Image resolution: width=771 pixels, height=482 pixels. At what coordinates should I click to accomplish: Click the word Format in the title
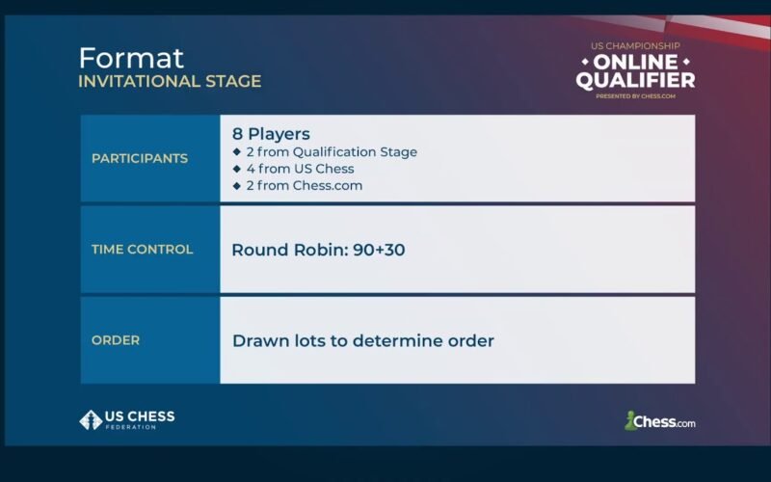131,58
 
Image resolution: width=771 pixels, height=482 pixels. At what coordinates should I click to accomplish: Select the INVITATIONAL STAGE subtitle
170,81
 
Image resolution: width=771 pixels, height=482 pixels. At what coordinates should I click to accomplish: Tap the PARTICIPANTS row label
140,158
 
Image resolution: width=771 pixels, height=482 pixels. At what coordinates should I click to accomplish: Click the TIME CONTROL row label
142,250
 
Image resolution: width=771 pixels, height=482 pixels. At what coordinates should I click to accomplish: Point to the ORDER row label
116,340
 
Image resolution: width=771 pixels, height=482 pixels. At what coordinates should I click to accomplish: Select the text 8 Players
271,134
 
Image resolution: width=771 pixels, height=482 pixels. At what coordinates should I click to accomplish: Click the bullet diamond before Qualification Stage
237,151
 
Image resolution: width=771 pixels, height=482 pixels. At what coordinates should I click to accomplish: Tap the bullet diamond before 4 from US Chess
237,169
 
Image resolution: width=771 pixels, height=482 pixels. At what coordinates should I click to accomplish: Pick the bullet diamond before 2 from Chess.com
237,185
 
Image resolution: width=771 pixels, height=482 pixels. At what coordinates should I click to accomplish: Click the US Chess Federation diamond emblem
91,420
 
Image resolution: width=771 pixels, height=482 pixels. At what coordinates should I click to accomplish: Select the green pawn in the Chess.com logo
629,420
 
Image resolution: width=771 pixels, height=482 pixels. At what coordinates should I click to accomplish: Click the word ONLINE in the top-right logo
635,63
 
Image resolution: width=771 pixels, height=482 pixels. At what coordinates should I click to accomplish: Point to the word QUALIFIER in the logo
635,80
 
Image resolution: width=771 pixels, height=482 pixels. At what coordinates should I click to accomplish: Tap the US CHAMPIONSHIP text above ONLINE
635,46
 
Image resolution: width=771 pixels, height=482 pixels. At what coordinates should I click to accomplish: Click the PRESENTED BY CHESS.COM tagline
635,96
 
